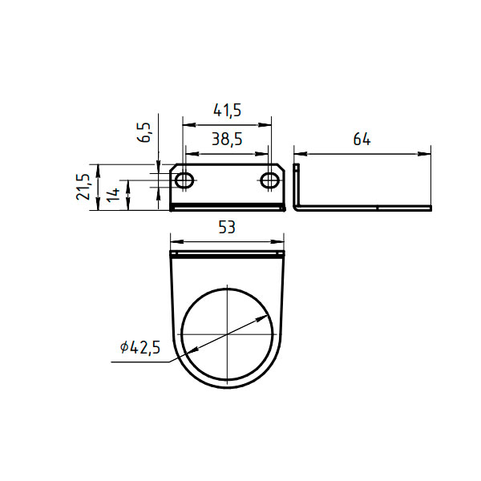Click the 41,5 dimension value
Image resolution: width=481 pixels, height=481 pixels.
click(x=228, y=111)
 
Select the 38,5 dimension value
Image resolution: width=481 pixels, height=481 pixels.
click(x=227, y=139)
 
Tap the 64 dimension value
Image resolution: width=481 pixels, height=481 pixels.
click(x=362, y=139)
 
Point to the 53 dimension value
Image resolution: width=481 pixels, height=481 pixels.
click(x=227, y=228)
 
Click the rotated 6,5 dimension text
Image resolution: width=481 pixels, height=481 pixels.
click(x=144, y=132)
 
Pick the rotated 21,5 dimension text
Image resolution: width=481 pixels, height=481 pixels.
click(x=83, y=187)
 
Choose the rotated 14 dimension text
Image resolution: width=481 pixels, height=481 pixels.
click(x=113, y=195)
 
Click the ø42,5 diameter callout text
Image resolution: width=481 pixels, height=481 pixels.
click(x=140, y=348)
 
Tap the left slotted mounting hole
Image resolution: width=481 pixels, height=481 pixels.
click(x=184, y=180)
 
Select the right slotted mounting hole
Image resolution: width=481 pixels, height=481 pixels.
click(x=270, y=180)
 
